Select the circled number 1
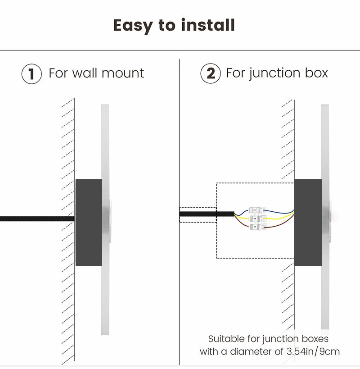click(31, 73)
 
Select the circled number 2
click(210, 73)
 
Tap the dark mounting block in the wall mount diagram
click(89, 222)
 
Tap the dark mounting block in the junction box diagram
click(308, 222)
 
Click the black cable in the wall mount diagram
click(36, 219)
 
